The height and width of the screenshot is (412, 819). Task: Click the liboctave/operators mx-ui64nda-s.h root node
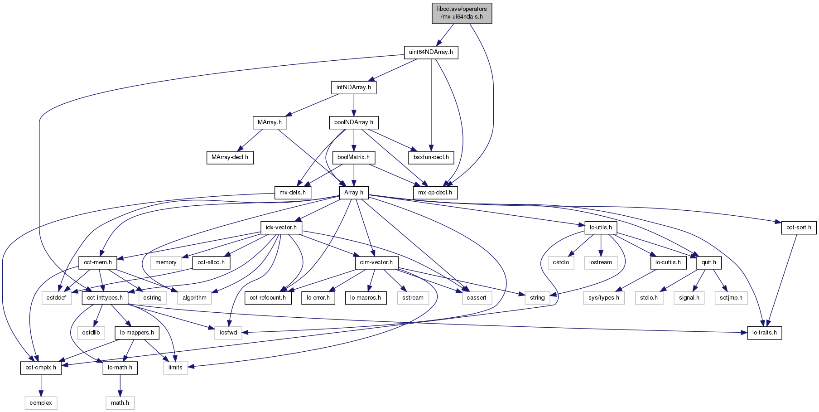[462, 13]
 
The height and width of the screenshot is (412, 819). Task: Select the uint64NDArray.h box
[431, 52]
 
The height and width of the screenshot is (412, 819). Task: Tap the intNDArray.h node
[354, 87]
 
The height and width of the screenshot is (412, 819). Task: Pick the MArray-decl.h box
[230, 157]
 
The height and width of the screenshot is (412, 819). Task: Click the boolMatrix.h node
[353, 157]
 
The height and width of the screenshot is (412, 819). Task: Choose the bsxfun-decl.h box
[431, 157]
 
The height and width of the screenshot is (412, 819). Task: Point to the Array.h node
[354, 193]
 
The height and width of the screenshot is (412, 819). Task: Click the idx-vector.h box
[281, 228]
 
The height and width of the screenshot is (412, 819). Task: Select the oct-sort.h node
[799, 228]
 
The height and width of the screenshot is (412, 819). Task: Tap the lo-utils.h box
[601, 228]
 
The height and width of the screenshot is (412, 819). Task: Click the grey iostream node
[601, 262]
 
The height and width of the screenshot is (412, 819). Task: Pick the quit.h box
[709, 262]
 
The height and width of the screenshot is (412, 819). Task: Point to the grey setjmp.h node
[731, 298]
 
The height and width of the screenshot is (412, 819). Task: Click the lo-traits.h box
[765, 333]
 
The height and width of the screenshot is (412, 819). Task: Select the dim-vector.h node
[376, 262]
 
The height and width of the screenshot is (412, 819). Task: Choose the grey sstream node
[413, 298]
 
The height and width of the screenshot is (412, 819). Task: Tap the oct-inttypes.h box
[105, 298]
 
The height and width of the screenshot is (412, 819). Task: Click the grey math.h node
[120, 403]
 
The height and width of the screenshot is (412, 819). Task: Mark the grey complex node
[41, 403]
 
